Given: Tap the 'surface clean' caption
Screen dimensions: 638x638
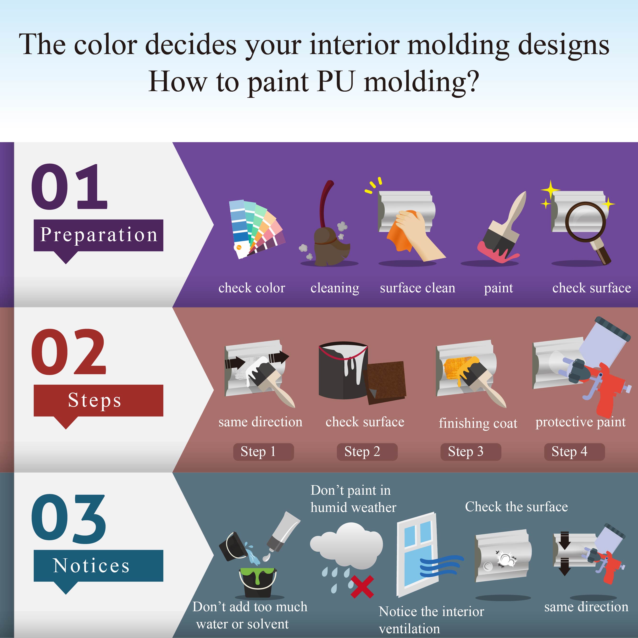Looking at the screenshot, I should coord(417,288).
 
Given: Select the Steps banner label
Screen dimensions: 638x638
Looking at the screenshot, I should coord(98,400).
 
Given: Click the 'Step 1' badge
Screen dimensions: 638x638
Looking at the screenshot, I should coord(263,451).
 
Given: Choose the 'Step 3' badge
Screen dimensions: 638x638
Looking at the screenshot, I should coord(471,451).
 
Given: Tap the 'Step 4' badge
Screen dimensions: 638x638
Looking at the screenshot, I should coord(574,451).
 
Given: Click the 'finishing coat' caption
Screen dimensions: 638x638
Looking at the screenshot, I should coord(478,423).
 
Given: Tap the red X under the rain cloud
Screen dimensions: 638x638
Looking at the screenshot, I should coord(362,587).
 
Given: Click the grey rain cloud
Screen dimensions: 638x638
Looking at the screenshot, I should coord(347,545).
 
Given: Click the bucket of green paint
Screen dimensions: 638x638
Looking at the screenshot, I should coord(258,583).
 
